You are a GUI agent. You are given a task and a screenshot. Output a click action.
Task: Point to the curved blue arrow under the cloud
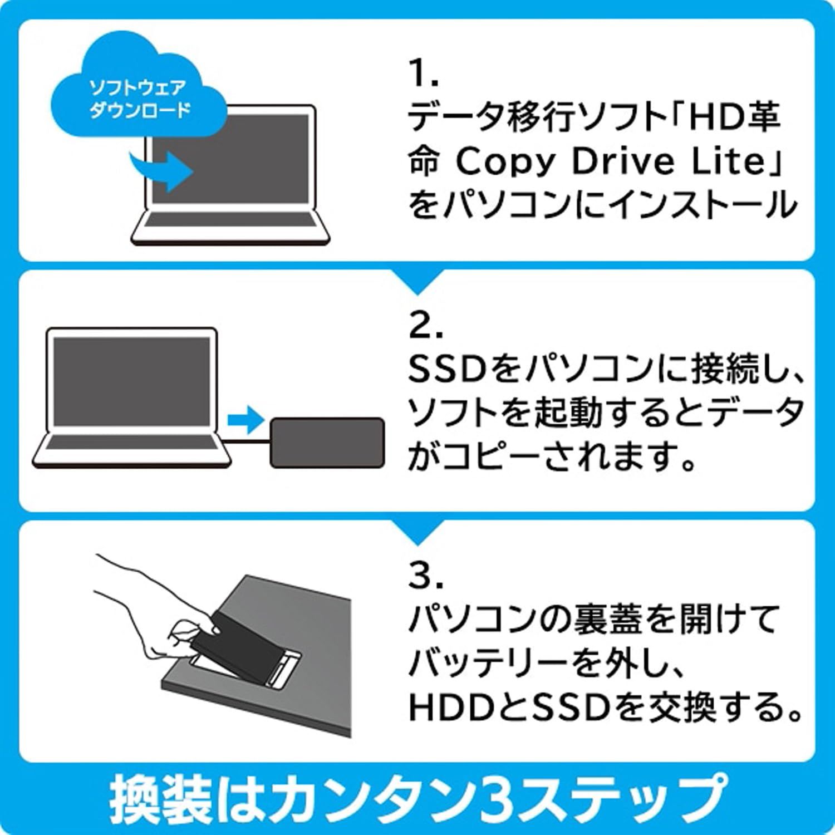pyautogui.click(x=161, y=167)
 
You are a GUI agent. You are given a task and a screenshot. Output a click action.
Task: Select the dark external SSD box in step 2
pyautogui.click(x=327, y=442)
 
